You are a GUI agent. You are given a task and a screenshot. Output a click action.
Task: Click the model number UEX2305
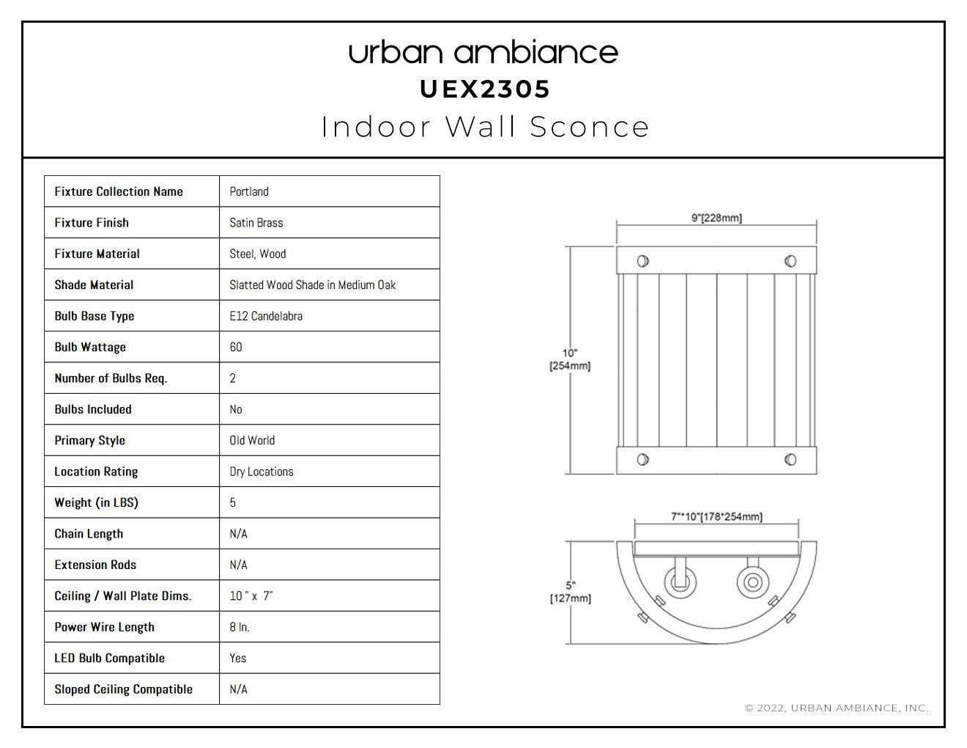(x=485, y=89)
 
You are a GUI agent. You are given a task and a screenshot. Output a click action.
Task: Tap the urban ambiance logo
(x=483, y=53)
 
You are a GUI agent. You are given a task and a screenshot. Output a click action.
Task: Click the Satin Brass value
(x=256, y=223)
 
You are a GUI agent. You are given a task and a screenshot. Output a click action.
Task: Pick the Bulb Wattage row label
(x=90, y=348)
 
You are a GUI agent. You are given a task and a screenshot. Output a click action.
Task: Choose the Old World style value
(x=252, y=440)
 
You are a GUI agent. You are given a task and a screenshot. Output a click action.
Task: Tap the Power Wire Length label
(x=104, y=627)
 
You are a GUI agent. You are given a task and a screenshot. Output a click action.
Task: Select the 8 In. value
(x=240, y=627)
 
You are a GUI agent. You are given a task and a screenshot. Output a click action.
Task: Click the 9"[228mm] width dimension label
(x=716, y=218)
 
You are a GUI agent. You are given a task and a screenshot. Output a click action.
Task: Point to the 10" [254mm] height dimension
(x=570, y=359)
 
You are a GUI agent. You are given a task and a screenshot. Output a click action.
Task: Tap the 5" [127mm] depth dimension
(x=571, y=592)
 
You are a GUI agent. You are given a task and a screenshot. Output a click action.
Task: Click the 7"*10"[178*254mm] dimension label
(x=716, y=517)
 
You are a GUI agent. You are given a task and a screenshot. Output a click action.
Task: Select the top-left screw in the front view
(x=642, y=261)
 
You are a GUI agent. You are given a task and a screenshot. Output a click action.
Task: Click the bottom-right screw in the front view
(x=790, y=459)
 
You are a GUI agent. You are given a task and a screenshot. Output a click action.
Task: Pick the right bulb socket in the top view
(x=752, y=582)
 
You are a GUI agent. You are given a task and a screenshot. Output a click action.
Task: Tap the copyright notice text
(x=837, y=708)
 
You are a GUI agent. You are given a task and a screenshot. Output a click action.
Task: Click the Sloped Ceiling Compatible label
(x=123, y=689)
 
